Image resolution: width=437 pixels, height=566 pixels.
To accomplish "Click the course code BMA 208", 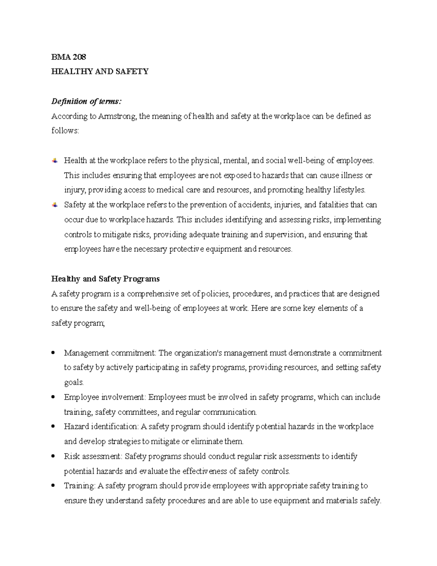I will pos(69,57).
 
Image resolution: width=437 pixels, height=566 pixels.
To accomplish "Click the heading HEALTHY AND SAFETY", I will pos(100,71).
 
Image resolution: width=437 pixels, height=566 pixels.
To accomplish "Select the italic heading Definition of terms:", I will pos(85,101).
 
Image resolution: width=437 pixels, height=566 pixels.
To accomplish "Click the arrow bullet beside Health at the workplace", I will pos(55,160).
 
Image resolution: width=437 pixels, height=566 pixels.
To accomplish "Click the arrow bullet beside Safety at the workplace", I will pos(55,205).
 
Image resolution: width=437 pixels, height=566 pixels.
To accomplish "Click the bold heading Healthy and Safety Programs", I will pos(105,279).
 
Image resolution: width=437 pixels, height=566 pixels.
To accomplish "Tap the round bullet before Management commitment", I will pos(54,353).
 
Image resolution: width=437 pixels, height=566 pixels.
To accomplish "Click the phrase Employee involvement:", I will pos(105,397).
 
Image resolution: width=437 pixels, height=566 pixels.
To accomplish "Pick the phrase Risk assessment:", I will pos(94,456).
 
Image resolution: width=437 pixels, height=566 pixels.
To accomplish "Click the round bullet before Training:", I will pos(54,486).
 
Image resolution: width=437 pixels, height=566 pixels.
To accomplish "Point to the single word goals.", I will pos(74,382).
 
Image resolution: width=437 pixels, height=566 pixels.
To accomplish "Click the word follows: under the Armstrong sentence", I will pos(65,130).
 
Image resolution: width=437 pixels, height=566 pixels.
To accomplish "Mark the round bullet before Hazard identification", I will pos(54,426).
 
